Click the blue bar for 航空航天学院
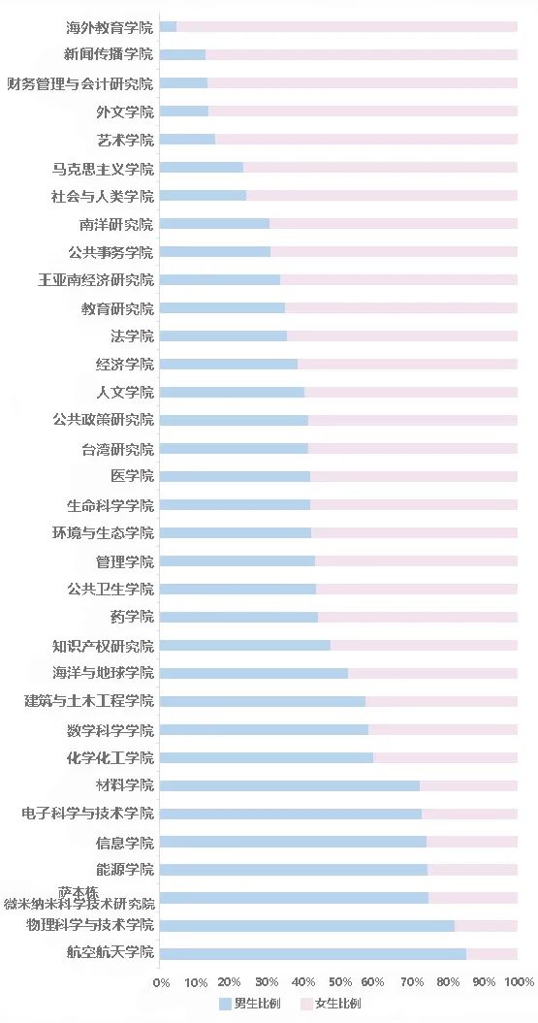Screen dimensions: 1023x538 312,953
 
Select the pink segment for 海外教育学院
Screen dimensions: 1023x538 346,26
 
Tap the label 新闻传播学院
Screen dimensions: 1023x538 109,54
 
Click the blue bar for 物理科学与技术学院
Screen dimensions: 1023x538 306,925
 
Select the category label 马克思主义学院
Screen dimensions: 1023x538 103,169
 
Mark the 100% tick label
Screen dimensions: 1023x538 520,981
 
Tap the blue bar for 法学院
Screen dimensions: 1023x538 223,336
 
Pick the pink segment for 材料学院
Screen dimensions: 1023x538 468,785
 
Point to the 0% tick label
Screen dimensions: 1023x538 162,981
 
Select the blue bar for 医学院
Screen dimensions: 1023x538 235,476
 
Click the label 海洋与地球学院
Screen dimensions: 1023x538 103,673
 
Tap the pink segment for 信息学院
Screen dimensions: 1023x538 471,842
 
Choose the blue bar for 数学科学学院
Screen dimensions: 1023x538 264,729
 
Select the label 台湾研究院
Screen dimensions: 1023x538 117,449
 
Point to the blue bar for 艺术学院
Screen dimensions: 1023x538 187,140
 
